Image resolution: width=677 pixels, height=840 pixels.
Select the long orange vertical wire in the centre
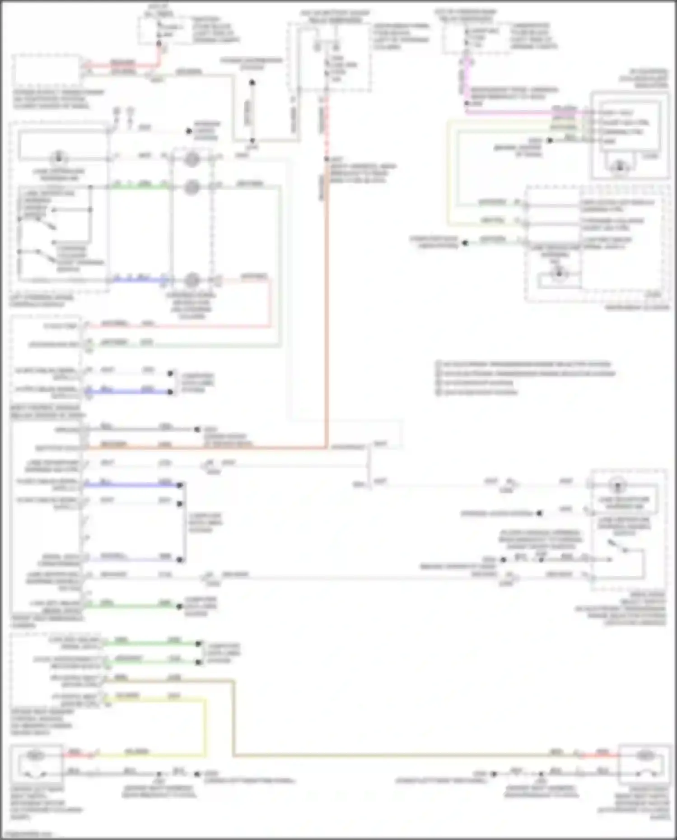coord(326,316)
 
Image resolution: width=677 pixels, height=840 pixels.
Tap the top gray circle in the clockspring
coord(192,159)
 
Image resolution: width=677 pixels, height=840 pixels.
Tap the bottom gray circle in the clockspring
coord(192,280)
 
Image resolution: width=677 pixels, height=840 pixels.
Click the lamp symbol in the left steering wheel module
coord(58,158)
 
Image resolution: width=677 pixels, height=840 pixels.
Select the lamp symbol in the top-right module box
coord(620,167)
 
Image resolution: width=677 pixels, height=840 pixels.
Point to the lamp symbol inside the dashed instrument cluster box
coord(559,273)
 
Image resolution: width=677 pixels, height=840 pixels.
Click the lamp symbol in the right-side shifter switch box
coord(617,486)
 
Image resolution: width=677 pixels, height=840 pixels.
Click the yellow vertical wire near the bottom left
coord(205,727)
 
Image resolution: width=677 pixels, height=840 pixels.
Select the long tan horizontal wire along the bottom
coord(384,756)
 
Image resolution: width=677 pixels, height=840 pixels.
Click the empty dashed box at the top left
coord(47,71)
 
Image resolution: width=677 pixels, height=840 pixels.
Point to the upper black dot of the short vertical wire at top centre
coord(252,83)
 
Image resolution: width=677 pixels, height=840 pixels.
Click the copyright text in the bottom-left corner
coord(27,835)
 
